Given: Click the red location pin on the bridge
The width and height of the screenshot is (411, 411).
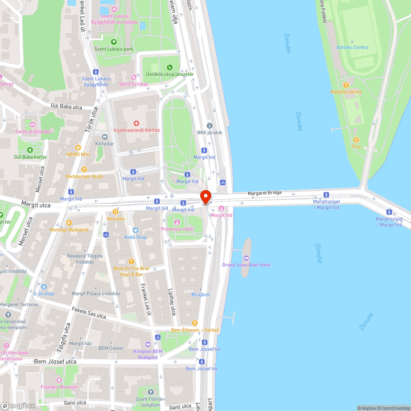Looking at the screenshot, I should (205, 196).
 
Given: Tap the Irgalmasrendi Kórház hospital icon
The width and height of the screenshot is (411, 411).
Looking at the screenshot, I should (136, 123).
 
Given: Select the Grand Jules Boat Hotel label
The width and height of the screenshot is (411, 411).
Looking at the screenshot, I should (246, 265).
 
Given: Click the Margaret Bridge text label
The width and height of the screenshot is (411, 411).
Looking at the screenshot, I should (264, 193).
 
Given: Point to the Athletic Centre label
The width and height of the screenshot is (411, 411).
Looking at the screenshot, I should (352, 47).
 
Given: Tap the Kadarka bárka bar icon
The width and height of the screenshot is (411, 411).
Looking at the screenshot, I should (346, 85).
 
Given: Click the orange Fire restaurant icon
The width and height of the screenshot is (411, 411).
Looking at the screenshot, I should (356, 140).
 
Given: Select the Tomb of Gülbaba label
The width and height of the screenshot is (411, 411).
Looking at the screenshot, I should (32, 132).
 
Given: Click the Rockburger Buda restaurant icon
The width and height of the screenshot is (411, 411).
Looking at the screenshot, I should (84, 169).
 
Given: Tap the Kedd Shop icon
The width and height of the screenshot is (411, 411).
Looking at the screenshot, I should (136, 230).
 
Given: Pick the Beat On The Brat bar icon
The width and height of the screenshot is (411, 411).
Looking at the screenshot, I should (131, 261).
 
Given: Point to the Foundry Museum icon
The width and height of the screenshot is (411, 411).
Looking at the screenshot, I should (59, 380).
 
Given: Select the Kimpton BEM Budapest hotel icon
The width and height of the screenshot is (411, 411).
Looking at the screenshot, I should (148, 344).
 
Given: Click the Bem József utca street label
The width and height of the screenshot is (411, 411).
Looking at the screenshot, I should (55, 362).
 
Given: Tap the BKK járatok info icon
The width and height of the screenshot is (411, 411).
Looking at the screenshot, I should (209, 126).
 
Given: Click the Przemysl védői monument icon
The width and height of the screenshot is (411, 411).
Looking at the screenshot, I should (177, 222).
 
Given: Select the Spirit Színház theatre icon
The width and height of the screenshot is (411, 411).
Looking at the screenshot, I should (133, 77).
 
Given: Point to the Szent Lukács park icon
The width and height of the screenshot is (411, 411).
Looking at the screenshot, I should (114, 42).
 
